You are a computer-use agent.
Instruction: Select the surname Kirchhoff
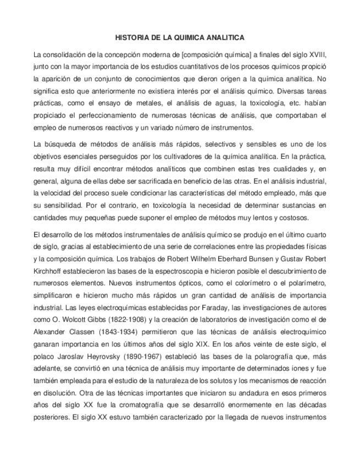(51, 271)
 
